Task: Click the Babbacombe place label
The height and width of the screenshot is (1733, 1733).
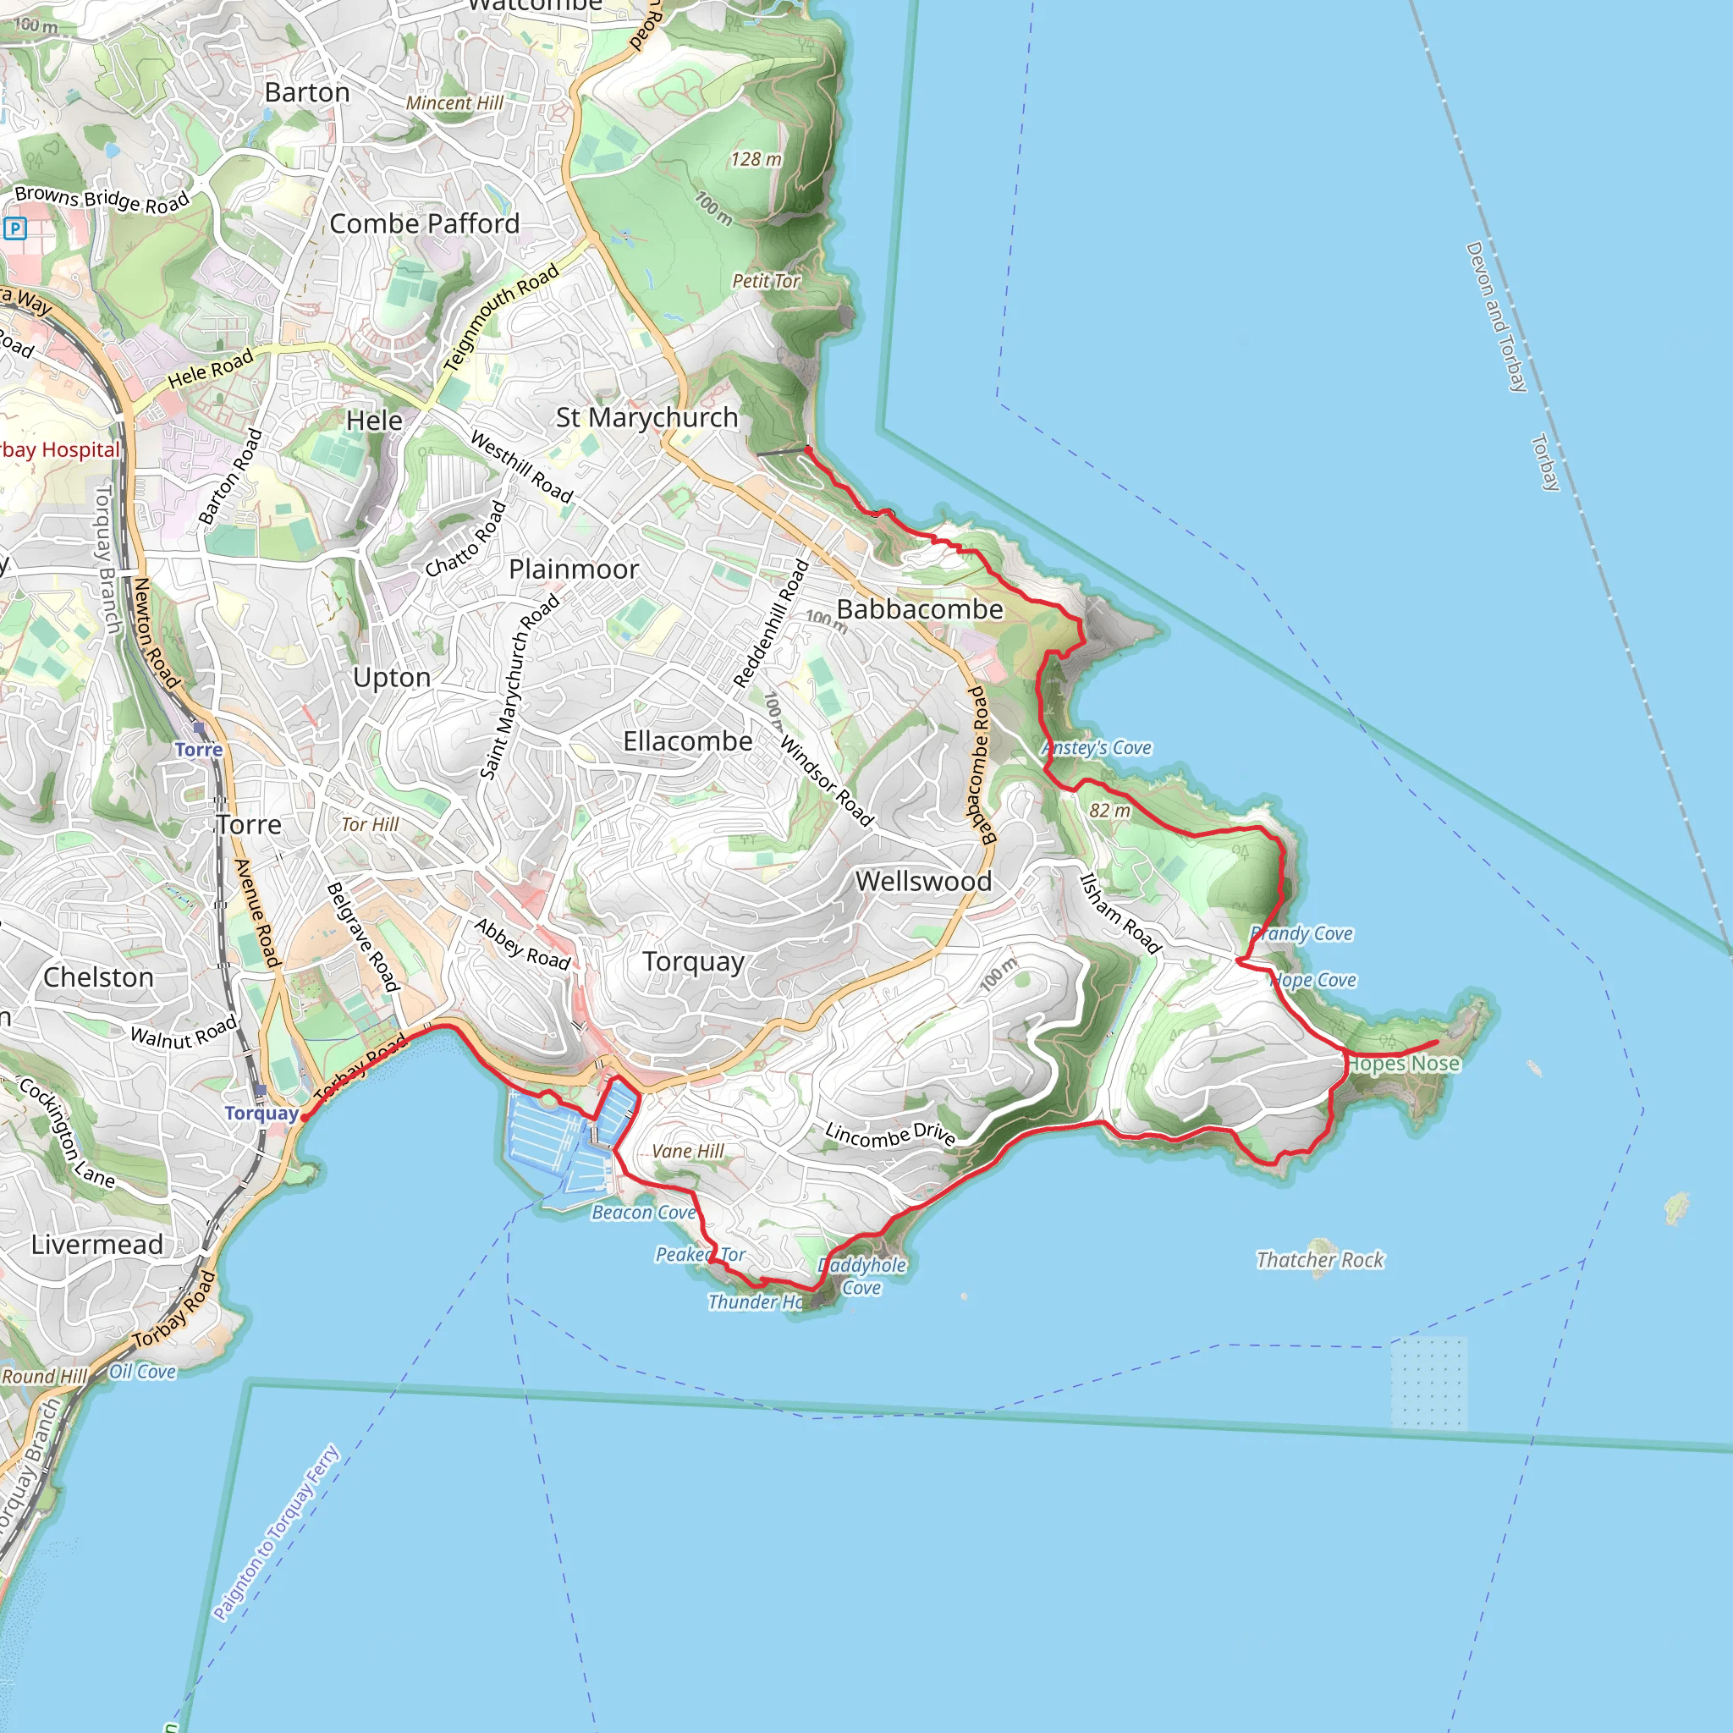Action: [920, 610]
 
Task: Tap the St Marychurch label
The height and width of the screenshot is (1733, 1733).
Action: [646, 418]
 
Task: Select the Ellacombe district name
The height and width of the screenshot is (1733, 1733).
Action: [688, 742]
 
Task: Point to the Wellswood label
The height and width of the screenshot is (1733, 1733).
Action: [924, 882]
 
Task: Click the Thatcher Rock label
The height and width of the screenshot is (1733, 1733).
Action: [1319, 1260]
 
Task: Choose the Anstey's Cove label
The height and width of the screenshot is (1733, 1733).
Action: [1097, 748]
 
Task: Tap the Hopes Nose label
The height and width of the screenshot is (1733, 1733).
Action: [1404, 1064]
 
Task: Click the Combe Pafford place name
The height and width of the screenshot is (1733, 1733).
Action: [424, 224]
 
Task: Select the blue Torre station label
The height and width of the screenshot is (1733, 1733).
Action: [198, 750]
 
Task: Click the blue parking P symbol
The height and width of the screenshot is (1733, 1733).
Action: [15, 228]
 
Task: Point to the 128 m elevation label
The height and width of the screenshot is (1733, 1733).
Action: [756, 160]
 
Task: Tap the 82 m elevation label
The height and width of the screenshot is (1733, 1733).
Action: [1109, 811]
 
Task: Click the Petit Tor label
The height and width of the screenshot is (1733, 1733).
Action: [766, 282]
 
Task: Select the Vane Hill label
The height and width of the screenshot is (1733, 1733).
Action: [688, 1152]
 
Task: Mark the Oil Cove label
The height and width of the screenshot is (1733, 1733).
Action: [143, 1372]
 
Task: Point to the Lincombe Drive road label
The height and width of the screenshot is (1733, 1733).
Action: [891, 1135]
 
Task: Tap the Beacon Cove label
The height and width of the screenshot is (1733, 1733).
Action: [643, 1213]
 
